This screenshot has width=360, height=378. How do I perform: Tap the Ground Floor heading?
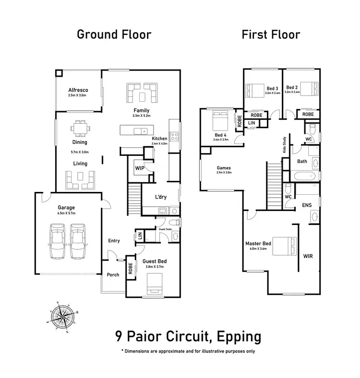(114, 35)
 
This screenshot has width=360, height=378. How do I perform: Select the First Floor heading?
(271, 35)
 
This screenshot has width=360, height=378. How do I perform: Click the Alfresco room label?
(78, 90)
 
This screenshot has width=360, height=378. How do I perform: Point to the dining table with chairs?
(80, 128)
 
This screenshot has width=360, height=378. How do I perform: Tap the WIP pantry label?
(140, 168)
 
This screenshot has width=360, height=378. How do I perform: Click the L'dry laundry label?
(160, 198)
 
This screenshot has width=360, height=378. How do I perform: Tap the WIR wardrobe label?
(308, 256)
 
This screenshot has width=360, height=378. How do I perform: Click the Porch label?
(113, 275)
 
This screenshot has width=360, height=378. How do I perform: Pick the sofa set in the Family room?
(142, 93)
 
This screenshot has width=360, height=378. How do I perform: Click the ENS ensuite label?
(307, 205)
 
